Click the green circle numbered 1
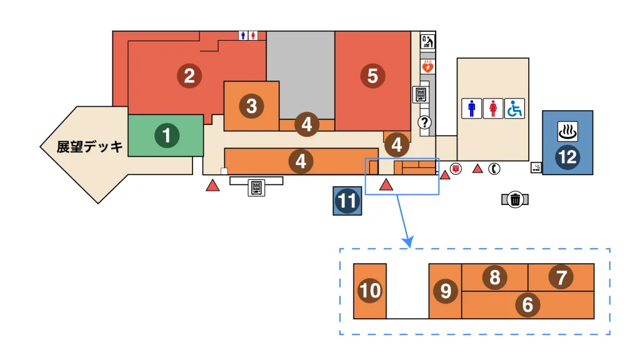[x=166, y=135]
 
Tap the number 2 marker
[x=189, y=76]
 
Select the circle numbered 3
[x=251, y=106]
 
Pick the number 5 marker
[x=372, y=76]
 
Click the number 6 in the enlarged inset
[x=527, y=305]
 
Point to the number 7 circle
[x=561, y=277]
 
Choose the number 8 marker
[x=494, y=277]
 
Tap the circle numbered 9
[x=445, y=291]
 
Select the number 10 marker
[x=370, y=291]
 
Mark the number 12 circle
[x=567, y=157]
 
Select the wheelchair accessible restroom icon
[x=514, y=109]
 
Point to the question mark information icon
[x=425, y=122]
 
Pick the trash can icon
[x=514, y=199]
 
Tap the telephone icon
[x=494, y=168]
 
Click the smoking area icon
[x=536, y=167]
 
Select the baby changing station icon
[x=428, y=42]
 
